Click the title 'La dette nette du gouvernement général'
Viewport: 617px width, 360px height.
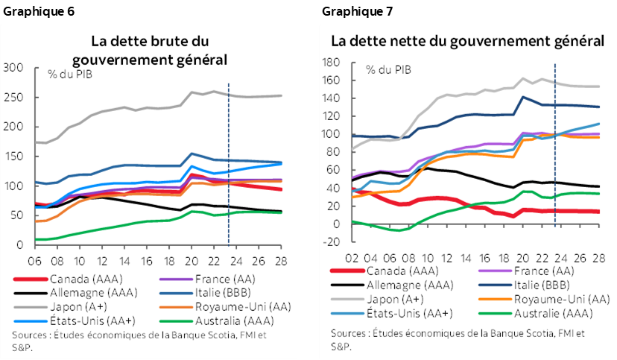tap(468, 40)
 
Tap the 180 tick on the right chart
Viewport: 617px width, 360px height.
tap(329, 63)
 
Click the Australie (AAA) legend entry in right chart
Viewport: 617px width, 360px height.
tap(535, 312)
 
